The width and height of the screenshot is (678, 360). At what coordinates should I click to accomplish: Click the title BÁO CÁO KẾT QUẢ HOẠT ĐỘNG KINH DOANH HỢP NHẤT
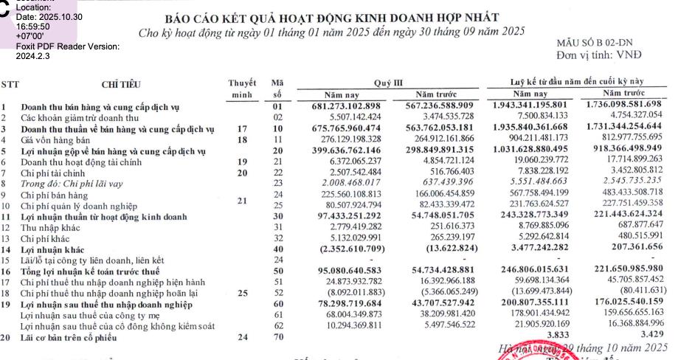(x=332, y=17)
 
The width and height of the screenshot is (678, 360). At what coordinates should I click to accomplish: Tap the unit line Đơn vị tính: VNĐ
(x=600, y=55)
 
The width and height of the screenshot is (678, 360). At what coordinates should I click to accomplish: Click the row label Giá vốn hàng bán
(x=55, y=139)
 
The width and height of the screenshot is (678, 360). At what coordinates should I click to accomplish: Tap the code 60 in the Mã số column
(x=277, y=303)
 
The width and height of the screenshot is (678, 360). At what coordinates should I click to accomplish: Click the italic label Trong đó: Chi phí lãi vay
(x=71, y=184)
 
